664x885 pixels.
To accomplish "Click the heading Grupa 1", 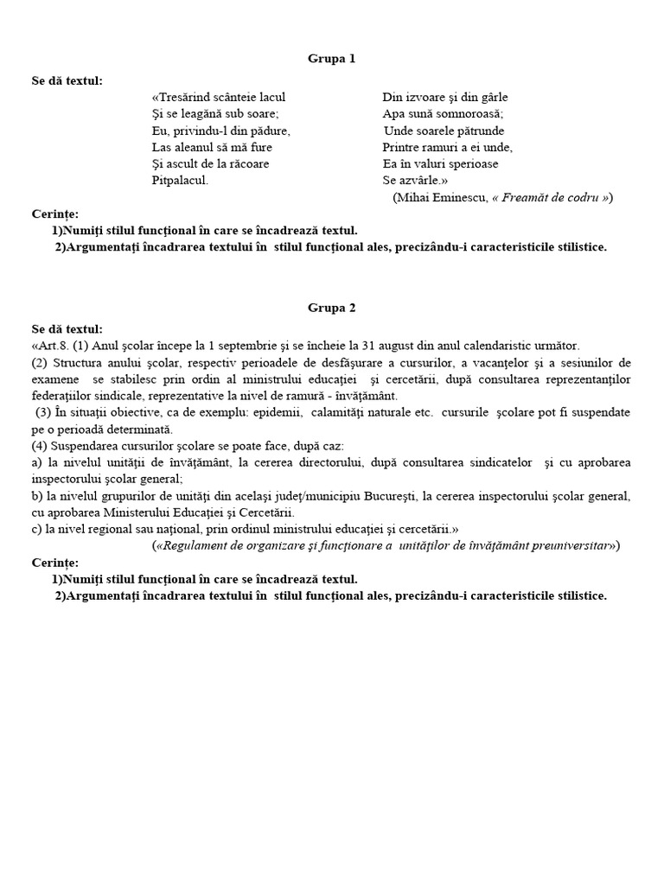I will (x=332, y=59).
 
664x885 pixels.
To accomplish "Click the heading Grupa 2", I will (x=332, y=307).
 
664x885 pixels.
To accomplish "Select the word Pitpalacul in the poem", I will (x=180, y=181).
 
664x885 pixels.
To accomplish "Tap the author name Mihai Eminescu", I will (x=441, y=197).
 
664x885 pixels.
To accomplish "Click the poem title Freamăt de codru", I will (x=553, y=197).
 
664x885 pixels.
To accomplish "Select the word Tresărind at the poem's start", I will (x=183, y=98).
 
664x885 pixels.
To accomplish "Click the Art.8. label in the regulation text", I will (x=52, y=346).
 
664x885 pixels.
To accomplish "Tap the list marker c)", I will (x=37, y=528).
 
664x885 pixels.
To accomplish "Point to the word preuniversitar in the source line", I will (x=571, y=545).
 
